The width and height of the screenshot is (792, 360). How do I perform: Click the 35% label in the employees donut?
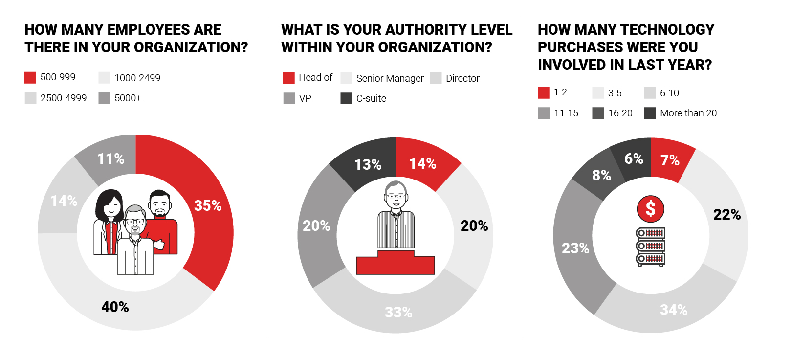pyautogui.click(x=208, y=206)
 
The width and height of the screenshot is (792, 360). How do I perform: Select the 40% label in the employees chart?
pyautogui.click(x=115, y=307)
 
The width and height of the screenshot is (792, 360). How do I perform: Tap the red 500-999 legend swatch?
pyautogui.click(x=30, y=77)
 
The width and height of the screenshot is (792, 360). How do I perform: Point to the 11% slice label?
pyautogui.click(x=110, y=159)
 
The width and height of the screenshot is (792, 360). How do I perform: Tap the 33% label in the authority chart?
pyautogui.click(x=398, y=313)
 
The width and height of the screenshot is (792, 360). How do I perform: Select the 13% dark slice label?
pyautogui.click(x=368, y=165)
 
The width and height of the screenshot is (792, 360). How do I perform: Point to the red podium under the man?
pyautogui.click(x=395, y=264)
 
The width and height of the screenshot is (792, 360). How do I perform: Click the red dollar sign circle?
pyautogui.click(x=650, y=209)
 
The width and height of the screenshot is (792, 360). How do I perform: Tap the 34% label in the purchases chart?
pyautogui.click(x=674, y=310)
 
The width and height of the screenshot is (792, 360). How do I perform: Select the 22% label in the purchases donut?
pyautogui.click(x=727, y=215)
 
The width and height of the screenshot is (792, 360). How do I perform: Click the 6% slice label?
pyautogui.click(x=634, y=159)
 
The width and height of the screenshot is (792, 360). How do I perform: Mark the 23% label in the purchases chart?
pyautogui.click(x=575, y=248)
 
